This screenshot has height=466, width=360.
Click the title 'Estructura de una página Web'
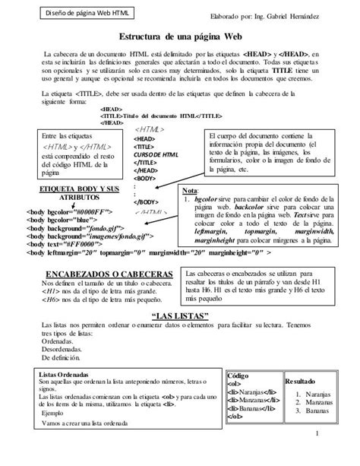(x=179, y=36)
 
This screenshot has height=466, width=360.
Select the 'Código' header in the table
(x=238, y=376)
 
